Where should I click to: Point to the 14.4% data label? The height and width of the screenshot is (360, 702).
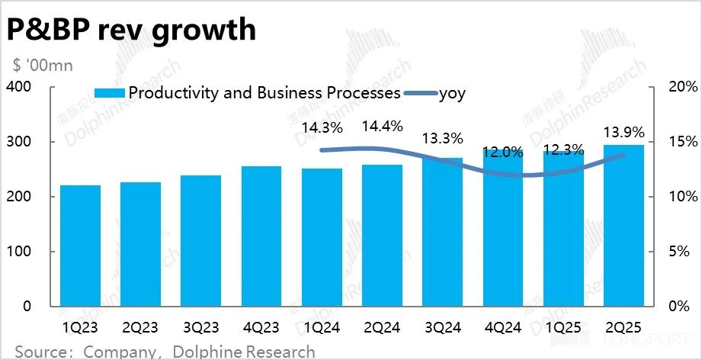[383, 127]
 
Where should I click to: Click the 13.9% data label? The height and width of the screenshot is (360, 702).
[623, 130]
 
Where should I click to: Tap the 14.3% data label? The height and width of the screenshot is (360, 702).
[321, 127]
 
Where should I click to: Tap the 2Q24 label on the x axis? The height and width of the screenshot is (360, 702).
[383, 328]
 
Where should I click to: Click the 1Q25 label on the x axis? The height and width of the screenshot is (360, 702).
[564, 328]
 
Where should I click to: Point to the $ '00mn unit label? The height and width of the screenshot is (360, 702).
[41, 66]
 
